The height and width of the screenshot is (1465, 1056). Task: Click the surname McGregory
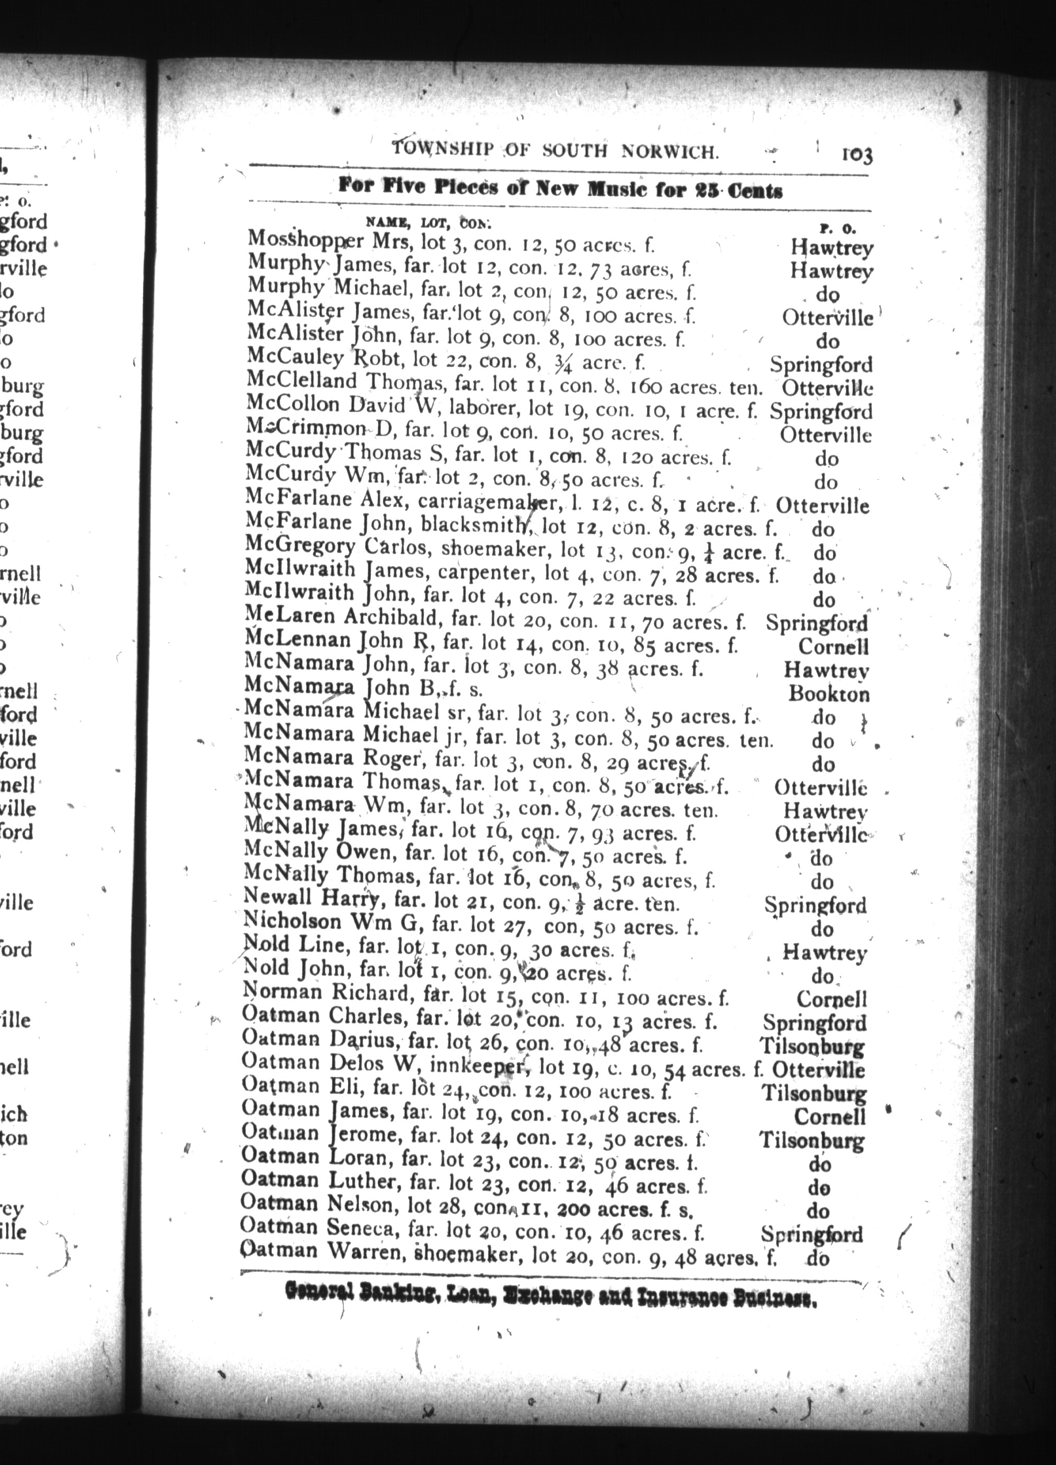[x=301, y=548]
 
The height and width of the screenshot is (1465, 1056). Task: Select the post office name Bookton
[x=829, y=694]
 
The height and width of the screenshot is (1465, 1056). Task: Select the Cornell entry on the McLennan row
[x=833, y=646]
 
